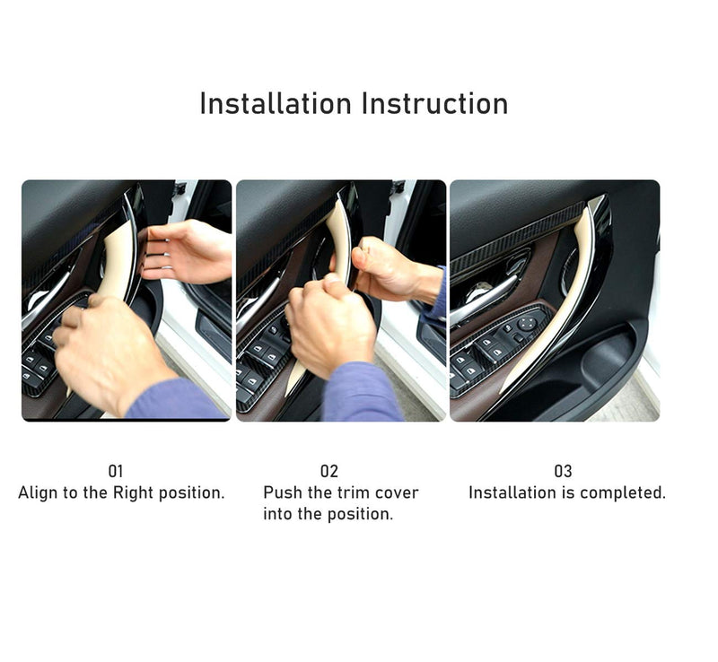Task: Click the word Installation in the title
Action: [x=276, y=103]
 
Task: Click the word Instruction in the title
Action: [x=434, y=103]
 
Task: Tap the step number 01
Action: [x=116, y=471]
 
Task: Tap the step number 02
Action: [x=328, y=471]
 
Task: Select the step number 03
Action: [x=564, y=471]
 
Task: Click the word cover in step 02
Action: [x=397, y=493]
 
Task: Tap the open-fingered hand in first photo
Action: [x=186, y=252]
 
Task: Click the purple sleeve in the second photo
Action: [x=362, y=393]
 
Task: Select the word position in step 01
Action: [x=192, y=493]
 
